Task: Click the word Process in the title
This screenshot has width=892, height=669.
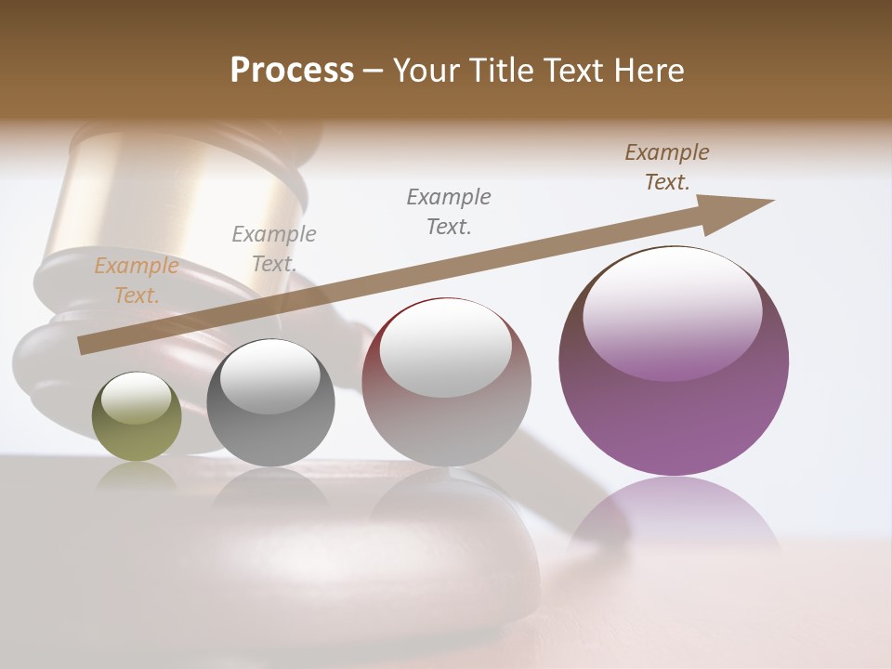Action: coord(292,71)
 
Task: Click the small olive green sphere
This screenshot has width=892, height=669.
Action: coord(137,417)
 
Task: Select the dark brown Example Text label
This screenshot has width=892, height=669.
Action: coord(667,167)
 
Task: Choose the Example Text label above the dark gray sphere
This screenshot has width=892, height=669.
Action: coord(274,249)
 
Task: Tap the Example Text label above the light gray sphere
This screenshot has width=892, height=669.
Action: coord(449,211)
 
